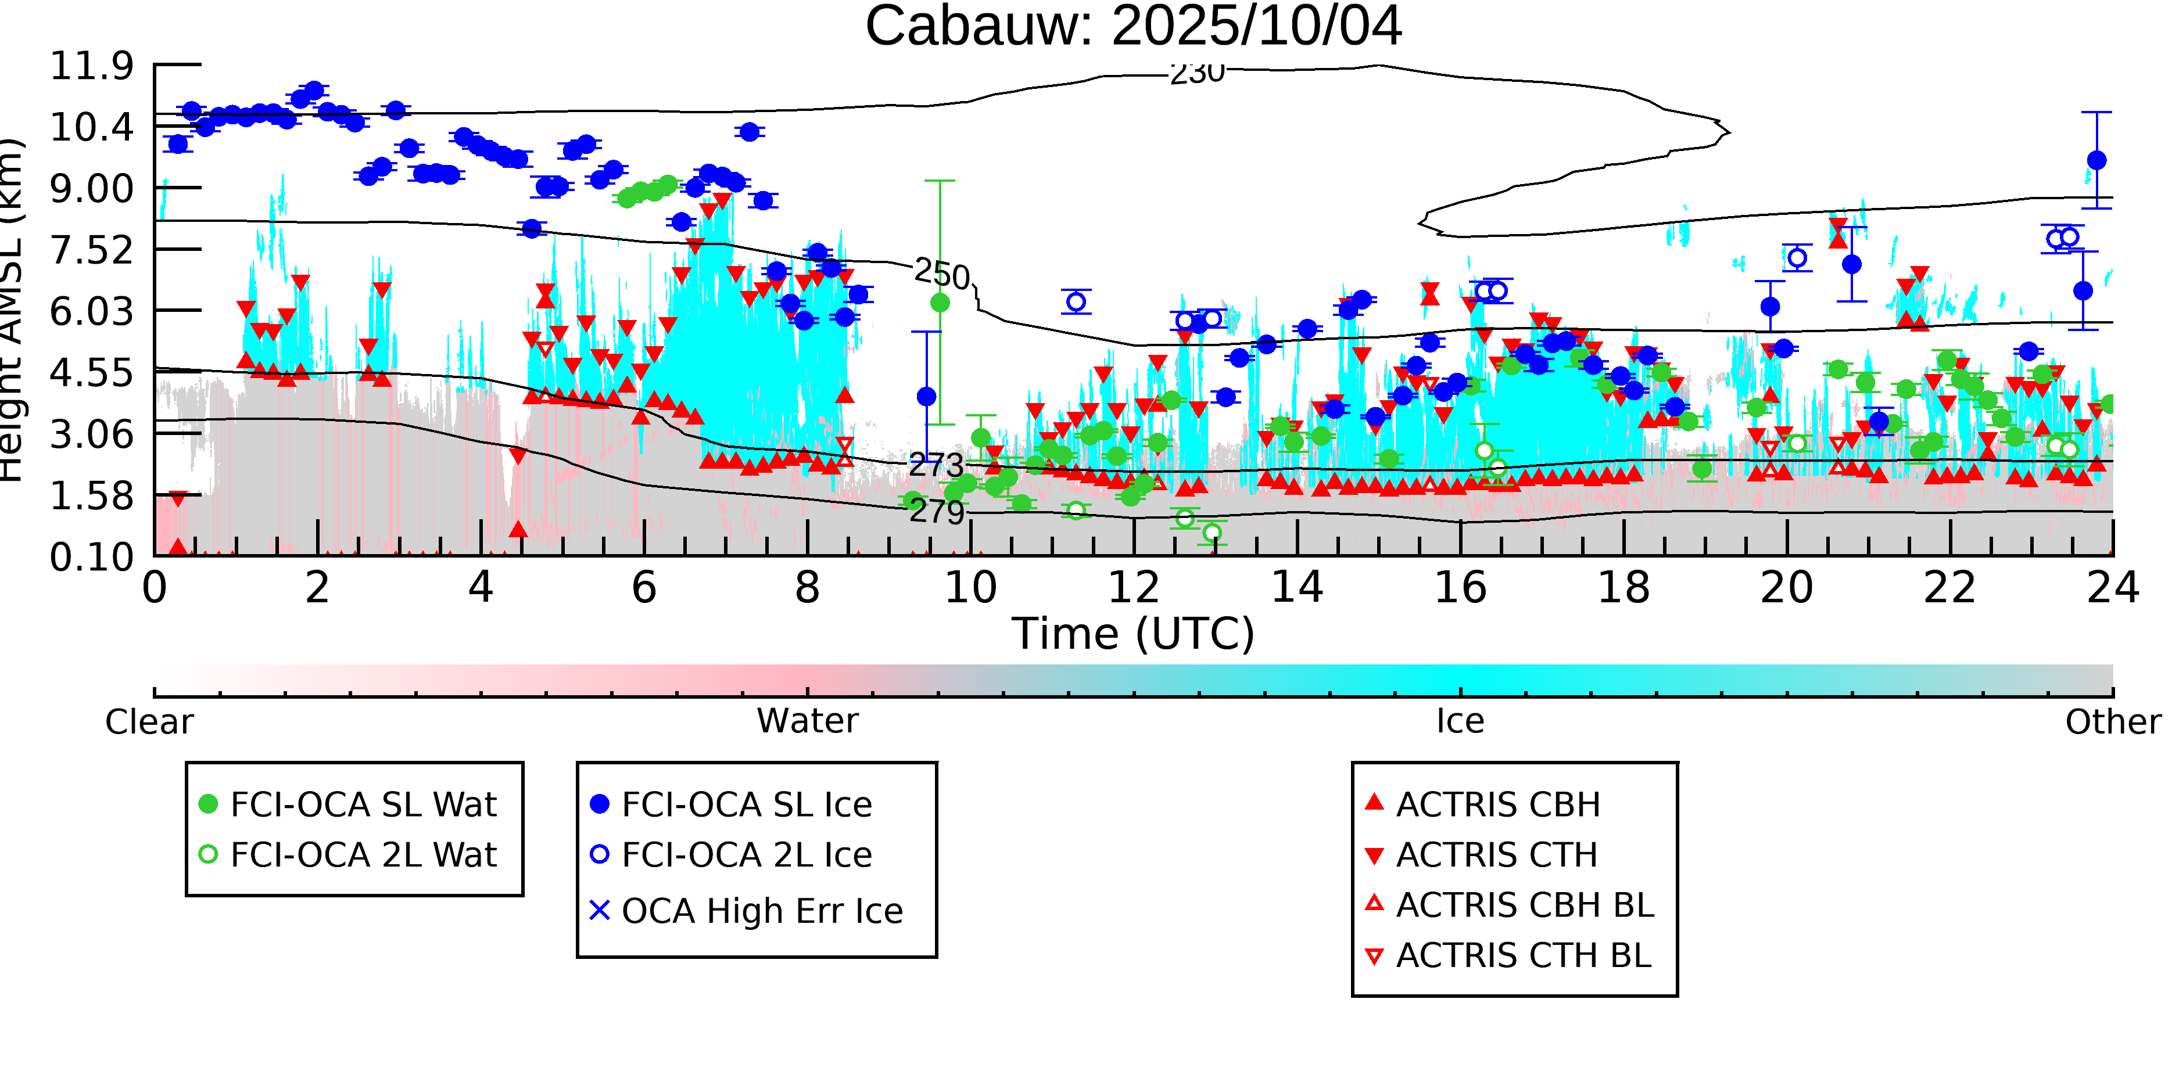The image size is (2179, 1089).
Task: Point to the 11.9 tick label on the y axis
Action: tap(91, 66)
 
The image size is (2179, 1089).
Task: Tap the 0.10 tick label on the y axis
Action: tap(91, 557)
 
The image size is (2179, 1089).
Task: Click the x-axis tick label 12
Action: tap(1134, 588)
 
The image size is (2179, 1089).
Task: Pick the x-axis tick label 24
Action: tap(2112, 588)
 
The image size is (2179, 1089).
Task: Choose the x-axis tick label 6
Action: tap(644, 588)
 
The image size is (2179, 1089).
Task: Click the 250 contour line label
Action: tap(941, 274)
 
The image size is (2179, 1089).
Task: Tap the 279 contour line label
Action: tap(937, 512)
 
